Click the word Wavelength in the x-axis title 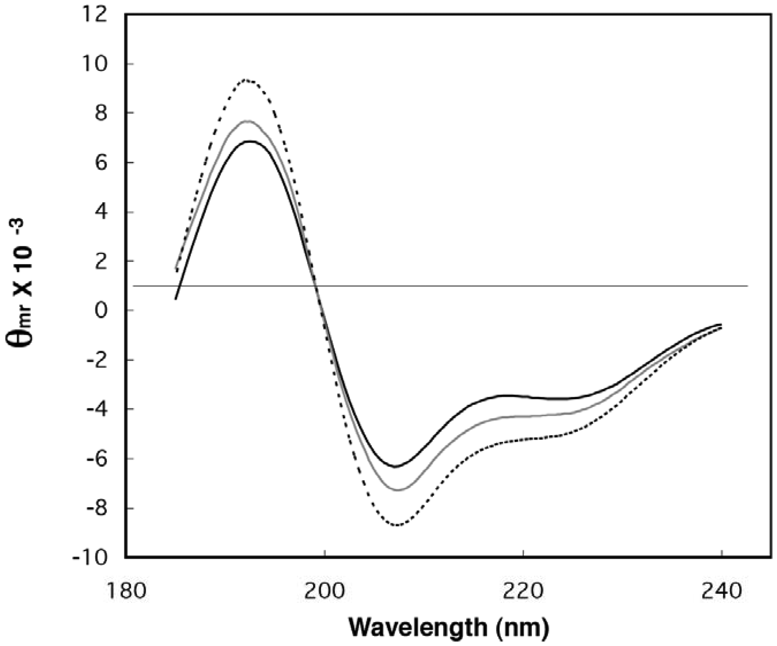coord(418,628)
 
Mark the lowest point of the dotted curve coord(398,525)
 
